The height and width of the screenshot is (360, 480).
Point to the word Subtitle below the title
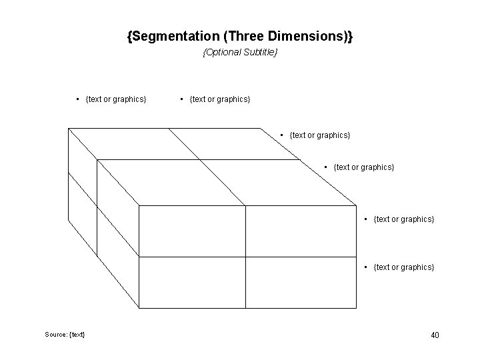click(x=259, y=52)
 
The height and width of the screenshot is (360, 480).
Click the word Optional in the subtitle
click(x=223, y=52)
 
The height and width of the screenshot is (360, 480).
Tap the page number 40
click(x=434, y=335)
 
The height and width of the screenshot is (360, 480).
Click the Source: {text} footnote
click(x=65, y=333)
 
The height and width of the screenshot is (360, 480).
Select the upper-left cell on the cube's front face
click(x=192, y=231)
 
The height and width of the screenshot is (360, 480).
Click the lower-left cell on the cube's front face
click(x=192, y=283)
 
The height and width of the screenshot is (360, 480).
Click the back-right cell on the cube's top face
click(x=233, y=143)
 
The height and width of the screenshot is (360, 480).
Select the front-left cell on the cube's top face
click(x=167, y=182)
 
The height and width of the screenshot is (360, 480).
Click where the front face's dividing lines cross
click(x=245, y=257)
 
